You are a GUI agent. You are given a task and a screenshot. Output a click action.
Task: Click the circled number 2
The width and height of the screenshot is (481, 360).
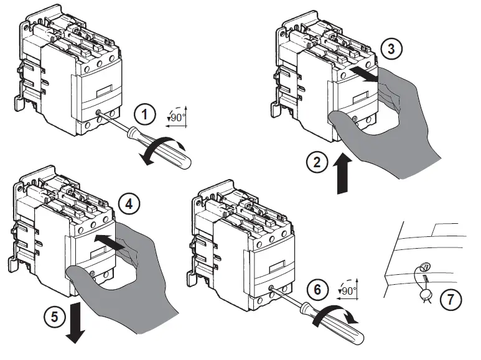click(317, 164)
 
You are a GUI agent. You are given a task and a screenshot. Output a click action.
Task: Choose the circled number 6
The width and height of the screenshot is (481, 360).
click(317, 289)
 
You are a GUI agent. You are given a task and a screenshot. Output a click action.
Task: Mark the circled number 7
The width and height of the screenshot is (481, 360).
click(451, 300)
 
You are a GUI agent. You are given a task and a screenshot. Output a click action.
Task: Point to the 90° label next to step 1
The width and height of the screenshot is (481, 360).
click(177, 116)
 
